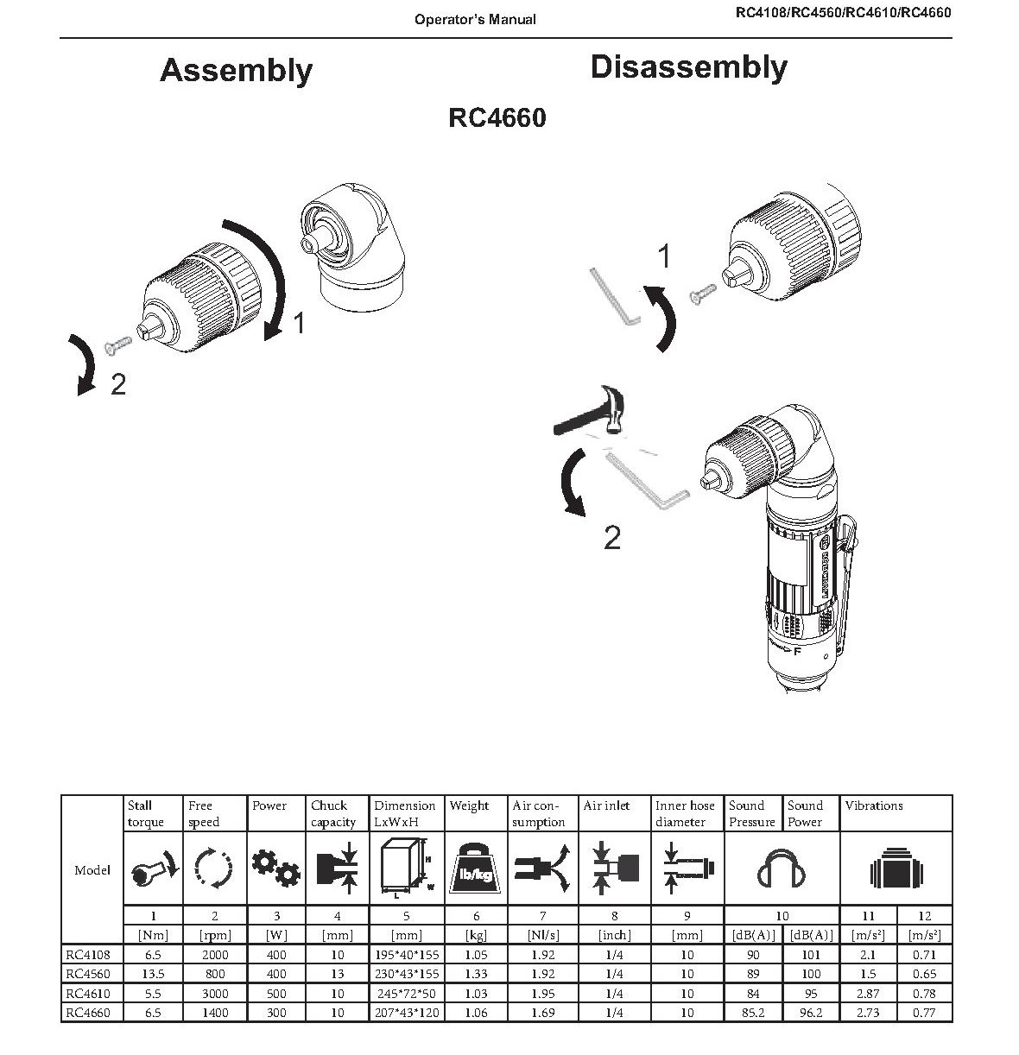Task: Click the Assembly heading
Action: coord(236,70)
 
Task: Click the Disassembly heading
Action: coord(688,67)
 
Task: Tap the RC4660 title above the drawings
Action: coord(497,117)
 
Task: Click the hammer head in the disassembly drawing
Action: coord(615,414)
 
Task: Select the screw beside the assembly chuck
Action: coord(116,344)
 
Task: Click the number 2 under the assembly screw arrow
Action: coord(118,385)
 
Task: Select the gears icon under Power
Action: coord(276,868)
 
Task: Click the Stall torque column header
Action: coord(145,813)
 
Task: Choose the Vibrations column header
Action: coord(874,805)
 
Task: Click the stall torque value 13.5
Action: coord(153,974)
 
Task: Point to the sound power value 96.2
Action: coord(810,1013)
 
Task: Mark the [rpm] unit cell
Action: coord(214,935)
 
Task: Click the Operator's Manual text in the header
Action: coord(475,19)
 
